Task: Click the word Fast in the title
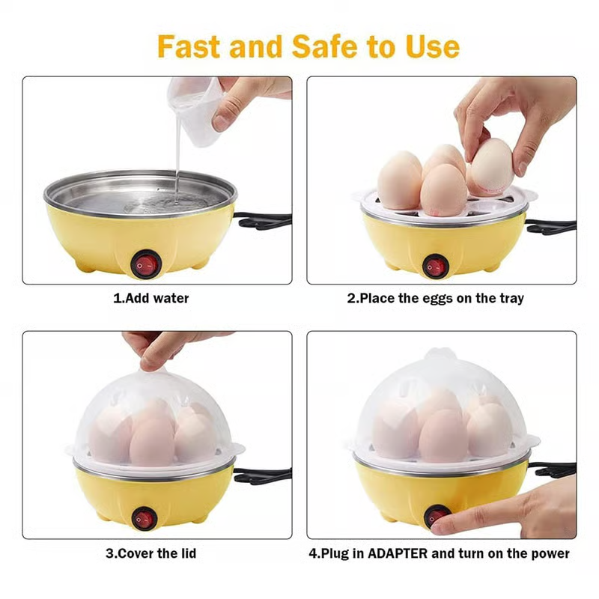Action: pyautogui.click(x=189, y=46)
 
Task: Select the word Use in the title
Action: pyautogui.click(x=433, y=46)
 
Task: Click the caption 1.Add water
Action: pyautogui.click(x=151, y=298)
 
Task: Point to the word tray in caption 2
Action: pyautogui.click(x=511, y=299)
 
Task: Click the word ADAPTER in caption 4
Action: pyautogui.click(x=398, y=553)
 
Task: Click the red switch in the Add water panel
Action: pyautogui.click(x=145, y=264)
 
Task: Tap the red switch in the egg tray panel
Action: pyautogui.click(x=435, y=266)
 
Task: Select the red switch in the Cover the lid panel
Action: pyautogui.click(x=144, y=518)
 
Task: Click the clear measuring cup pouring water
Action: pyautogui.click(x=195, y=111)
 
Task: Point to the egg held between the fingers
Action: pyautogui.click(x=491, y=166)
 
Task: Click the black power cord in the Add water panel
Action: pyautogui.click(x=264, y=221)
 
